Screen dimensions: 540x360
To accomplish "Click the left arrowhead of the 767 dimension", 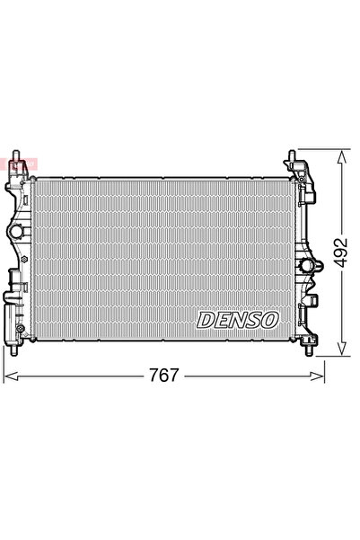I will coord(7,374).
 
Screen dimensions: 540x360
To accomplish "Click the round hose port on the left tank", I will coord(16,233).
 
